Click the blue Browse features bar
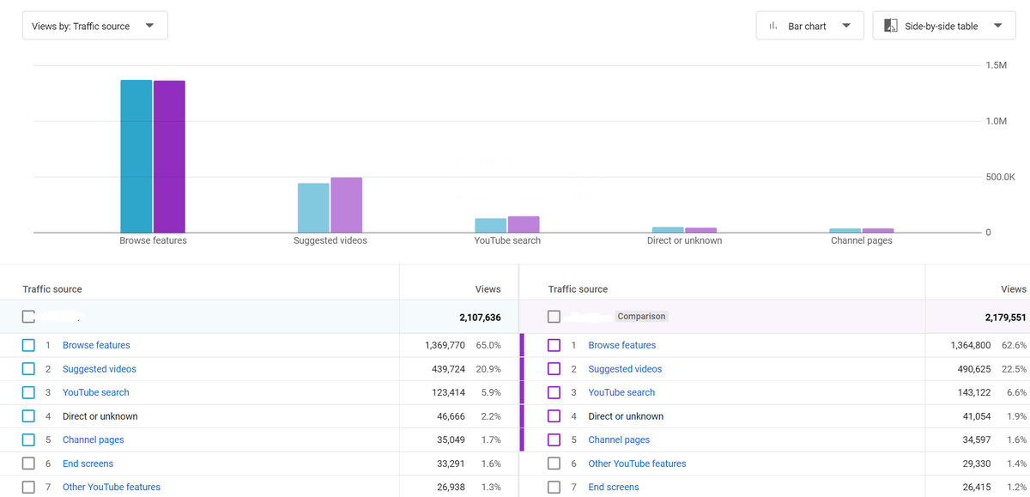pyautogui.click(x=136, y=156)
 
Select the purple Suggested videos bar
pyautogui.click(x=346, y=205)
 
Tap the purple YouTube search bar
pyautogui.click(x=524, y=224)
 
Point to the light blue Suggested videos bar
pyautogui.click(x=313, y=208)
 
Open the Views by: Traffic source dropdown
pyautogui.click(x=94, y=26)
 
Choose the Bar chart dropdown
pyautogui.click(x=809, y=26)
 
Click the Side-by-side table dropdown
pyautogui.click(x=944, y=26)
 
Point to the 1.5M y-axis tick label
pyautogui.click(x=996, y=65)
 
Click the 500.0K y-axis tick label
pyautogui.click(x=1000, y=177)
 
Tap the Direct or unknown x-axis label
pyautogui.click(x=684, y=240)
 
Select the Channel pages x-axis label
pyautogui.click(x=861, y=240)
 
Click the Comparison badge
pyautogui.click(x=641, y=317)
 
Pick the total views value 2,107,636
pyautogui.click(x=480, y=318)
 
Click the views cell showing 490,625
pyautogui.click(x=974, y=369)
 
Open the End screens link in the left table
pyautogui.click(x=88, y=464)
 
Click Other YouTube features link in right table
pyautogui.click(x=637, y=464)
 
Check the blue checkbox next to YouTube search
pyautogui.click(x=28, y=392)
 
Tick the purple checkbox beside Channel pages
pyautogui.click(x=554, y=440)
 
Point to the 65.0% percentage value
pyautogui.click(x=488, y=345)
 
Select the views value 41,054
pyautogui.click(x=977, y=416)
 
